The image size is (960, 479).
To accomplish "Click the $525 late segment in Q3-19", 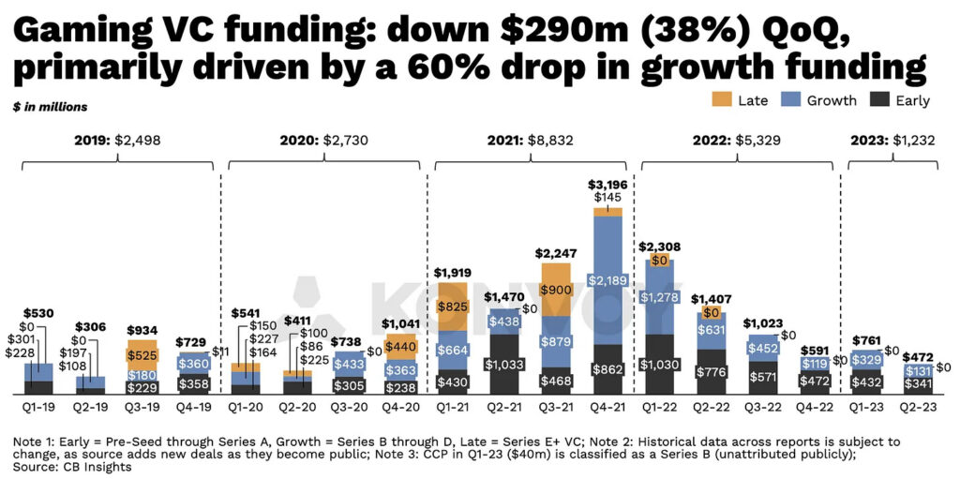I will coord(143,354).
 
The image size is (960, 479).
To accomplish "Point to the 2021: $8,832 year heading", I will coord(530,141).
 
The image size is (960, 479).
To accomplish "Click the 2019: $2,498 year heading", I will coord(117,141).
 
